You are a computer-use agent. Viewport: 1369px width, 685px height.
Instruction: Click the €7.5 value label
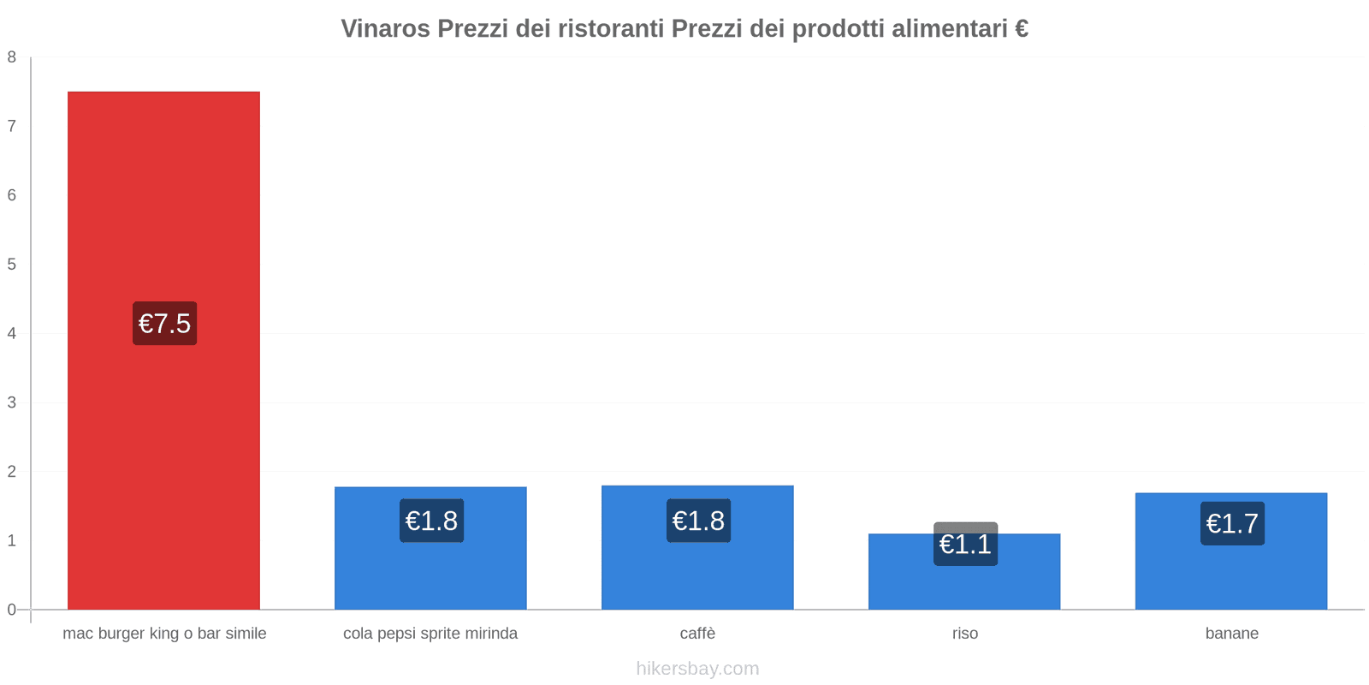(164, 324)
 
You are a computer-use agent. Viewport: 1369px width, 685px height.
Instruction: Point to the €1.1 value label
(965, 544)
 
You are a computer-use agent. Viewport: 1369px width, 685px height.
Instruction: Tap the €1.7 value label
(1232, 523)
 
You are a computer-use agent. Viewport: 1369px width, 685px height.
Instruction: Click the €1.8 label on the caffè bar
(698, 521)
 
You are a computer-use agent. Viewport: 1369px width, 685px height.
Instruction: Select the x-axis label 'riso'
(965, 634)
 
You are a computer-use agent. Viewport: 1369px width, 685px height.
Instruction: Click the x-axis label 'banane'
(1232, 634)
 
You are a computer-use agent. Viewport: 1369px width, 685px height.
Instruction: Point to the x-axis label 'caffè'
(697, 634)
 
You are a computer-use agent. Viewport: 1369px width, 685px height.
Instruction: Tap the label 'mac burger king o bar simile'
(164, 634)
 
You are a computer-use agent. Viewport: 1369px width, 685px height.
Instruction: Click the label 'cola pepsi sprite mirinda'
(430, 634)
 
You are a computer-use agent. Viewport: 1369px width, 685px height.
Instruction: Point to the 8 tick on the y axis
(12, 57)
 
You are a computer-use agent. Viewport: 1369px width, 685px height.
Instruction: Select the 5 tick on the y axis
(12, 265)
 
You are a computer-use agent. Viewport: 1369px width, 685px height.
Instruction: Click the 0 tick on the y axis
(12, 610)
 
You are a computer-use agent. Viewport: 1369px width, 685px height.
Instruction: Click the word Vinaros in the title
(386, 29)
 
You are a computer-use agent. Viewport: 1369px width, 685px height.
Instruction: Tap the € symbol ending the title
(1021, 29)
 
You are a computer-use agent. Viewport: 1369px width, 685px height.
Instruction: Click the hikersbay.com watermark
(697, 669)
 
